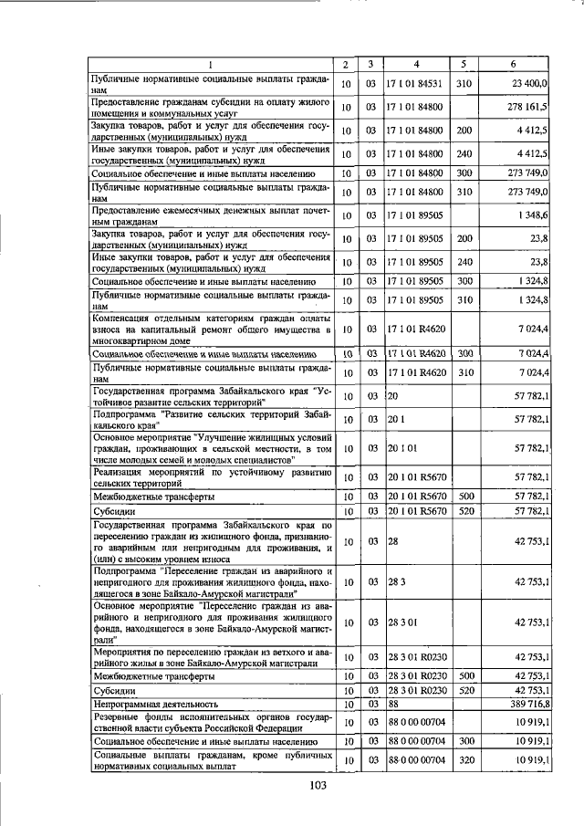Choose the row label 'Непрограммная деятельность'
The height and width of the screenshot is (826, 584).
(155, 705)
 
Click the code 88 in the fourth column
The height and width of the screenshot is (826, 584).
(395, 705)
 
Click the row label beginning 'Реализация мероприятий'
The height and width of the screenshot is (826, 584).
(210, 476)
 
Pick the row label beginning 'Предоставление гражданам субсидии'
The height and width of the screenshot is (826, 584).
(210, 107)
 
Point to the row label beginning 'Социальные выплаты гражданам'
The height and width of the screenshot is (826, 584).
(210, 760)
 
